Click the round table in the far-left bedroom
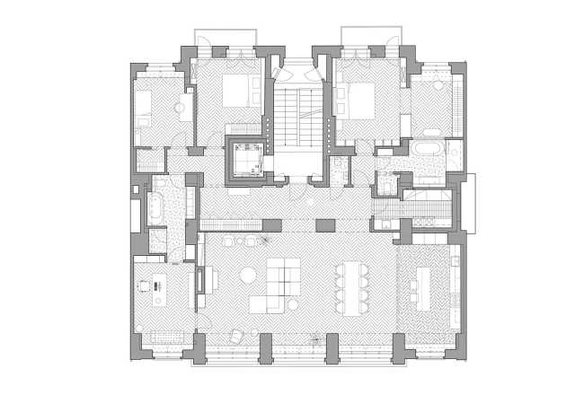[x=181, y=110]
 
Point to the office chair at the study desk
[x=144, y=286]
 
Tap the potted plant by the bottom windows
[x=315, y=338]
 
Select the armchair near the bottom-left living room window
[x=235, y=336]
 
